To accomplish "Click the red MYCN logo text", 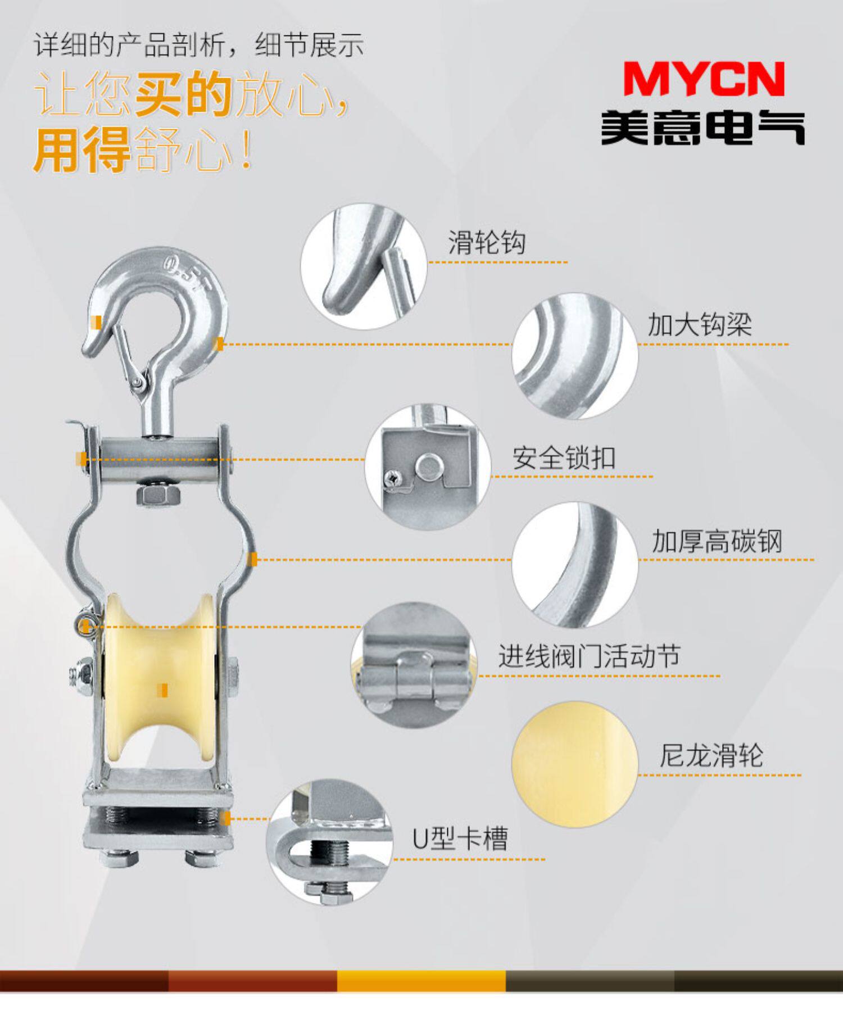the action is click(704, 79).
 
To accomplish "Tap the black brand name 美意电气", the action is click(703, 127).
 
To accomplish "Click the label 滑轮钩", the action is click(487, 243).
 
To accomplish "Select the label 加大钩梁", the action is click(700, 324).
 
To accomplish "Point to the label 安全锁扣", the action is click(564, 458).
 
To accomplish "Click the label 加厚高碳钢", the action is click(717, 541).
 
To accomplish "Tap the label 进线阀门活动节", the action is click(590, 656).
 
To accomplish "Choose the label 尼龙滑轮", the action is click(711, 755).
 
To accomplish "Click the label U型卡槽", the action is click(460, 838).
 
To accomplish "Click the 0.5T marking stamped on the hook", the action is click(187, 273).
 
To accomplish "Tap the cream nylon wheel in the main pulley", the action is click(159, 680).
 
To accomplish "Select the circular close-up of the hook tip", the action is click(364, 266).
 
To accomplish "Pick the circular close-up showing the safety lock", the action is click(428, 466).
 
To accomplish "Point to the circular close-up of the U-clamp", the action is click(329, 841).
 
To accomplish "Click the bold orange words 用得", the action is click(82, 149).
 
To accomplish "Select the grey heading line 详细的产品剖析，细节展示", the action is click(199, 45).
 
